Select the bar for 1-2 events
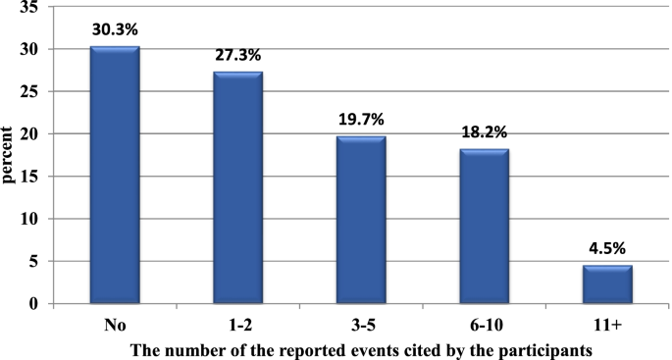point(238,187)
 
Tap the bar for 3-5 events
point(362,220)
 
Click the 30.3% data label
point(114,29)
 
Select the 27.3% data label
point(237,55)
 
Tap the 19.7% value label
point(362,120)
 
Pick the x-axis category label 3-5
point(362,323)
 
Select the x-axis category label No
point(114,323)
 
